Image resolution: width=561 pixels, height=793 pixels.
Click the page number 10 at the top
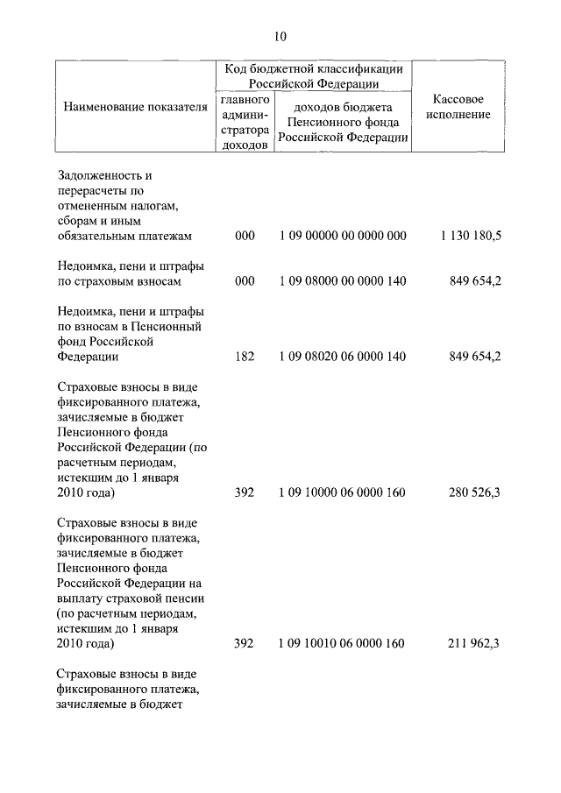click(x=280, y=36)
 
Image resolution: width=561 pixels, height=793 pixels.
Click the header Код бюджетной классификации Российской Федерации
click(x=313, y=75)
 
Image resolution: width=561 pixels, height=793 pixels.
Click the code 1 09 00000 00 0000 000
click(x=343, y=237)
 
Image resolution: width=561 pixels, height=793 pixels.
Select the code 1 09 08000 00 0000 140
click(x=343, y=281)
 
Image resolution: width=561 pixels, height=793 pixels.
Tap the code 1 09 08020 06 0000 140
click(x=343, y=357)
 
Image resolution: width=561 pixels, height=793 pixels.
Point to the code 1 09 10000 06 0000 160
click(x=343, y=492)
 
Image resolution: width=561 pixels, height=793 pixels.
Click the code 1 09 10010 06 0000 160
click(x=343, y=643)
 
